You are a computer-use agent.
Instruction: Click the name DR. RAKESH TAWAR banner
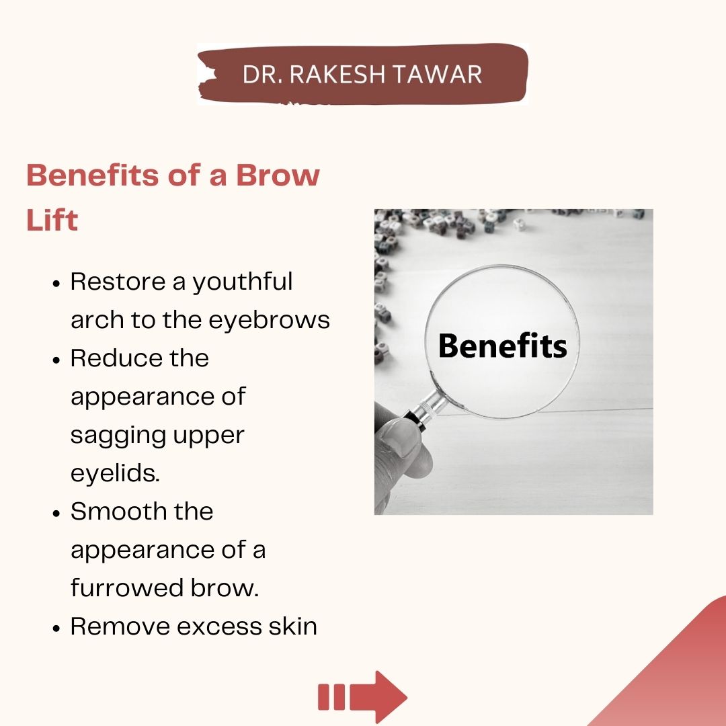tap(362, 74)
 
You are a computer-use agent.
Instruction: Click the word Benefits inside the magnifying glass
tap(502, 346)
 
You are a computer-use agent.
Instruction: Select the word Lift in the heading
tap(52, 220)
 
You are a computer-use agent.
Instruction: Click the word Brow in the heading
tap(277, 175)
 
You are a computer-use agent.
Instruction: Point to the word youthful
tap(243, 282)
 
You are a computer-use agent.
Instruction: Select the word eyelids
tap(115, 473)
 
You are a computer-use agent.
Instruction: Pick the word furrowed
tap(126, 588)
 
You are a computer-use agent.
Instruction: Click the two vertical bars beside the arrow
tap(331, 697)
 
